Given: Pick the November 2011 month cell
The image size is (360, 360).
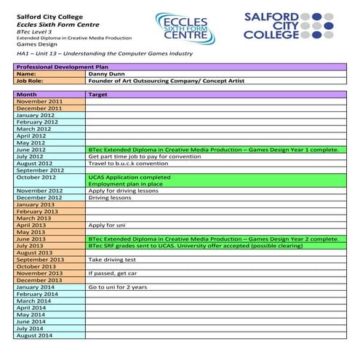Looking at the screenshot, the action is [x=39, y=101].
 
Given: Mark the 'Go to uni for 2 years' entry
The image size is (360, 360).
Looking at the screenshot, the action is [x=118, y=287].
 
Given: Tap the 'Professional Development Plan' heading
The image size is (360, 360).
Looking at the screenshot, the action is [x=59, y=66].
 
